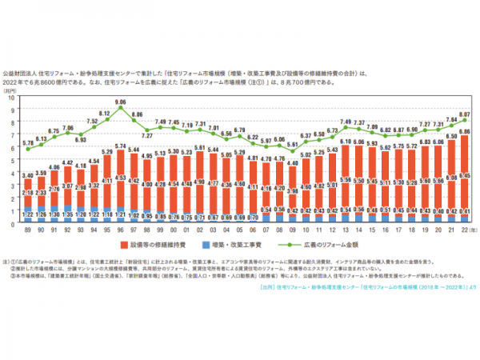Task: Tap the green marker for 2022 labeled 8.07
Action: click(465, 120)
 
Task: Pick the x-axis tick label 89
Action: click(27, 229)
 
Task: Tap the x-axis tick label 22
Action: click(465, 229)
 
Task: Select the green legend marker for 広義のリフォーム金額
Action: click(282, 242)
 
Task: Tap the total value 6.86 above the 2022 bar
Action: click(465, 131)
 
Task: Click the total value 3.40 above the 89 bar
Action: click(27, 175)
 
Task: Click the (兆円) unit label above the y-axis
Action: click(11, 90)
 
